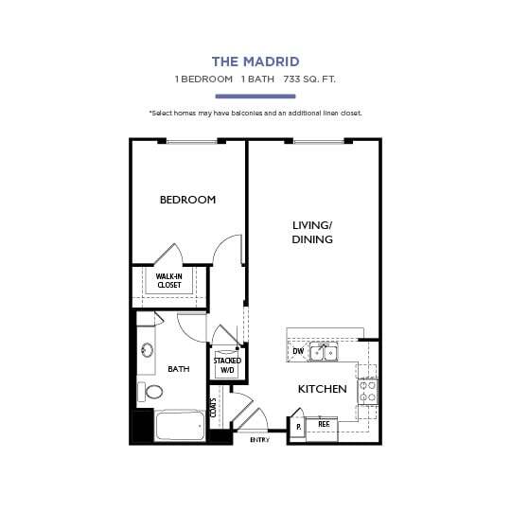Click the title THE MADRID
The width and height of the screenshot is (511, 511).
click(x=255, y=62)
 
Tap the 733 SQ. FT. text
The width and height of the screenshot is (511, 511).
click(x=309, y=79)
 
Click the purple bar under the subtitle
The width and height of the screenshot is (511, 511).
click(x=255, y=96)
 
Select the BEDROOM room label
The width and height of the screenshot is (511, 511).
click(x=187, y=200)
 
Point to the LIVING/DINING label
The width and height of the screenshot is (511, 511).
click(x=312, y=232)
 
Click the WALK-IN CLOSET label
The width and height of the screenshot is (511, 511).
click(x=169, y=280)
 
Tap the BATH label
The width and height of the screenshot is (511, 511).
click(x=177, y=369)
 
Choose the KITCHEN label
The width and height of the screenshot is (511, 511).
click(x=322, y=389)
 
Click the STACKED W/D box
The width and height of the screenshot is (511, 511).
click(x=227, y=365)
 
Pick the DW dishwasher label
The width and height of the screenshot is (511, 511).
click(x=298, y=352)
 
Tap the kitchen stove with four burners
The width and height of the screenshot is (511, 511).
click(x=368, y=392)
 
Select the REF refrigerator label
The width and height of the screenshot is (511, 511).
click(x=324, y=426)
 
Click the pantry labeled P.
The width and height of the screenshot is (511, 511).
click(x=298, y=427)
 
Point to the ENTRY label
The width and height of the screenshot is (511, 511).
click(x=259, y=440)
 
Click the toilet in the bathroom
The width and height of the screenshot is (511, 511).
click(x=150, y=391)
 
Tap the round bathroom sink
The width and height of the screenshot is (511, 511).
click(x=147, y=350)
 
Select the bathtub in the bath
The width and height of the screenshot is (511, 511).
click(x=181, y=425)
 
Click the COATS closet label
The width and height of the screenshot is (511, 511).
click(x=215, y=407)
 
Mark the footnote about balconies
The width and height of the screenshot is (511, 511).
click(x=255, y=114)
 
